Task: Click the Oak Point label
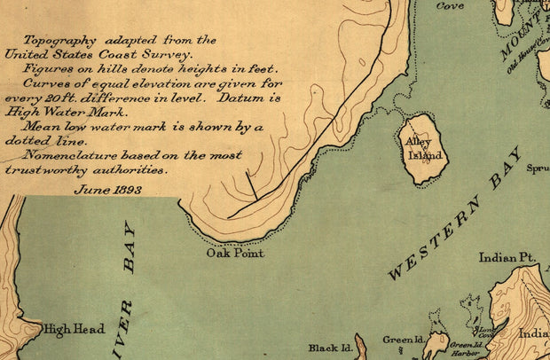click(235, 253)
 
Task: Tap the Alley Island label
click(423, 148)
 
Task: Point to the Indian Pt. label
click(507, 258)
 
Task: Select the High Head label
click(75, 328)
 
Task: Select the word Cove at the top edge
click(450, 5)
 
